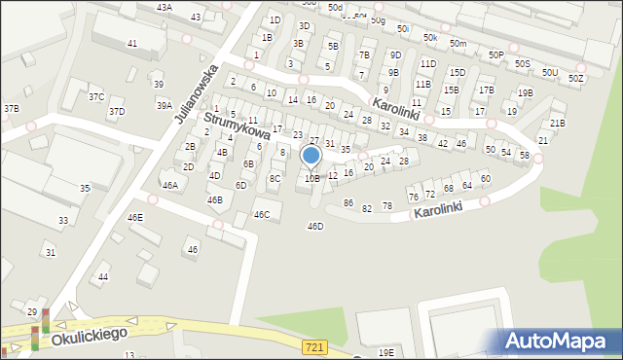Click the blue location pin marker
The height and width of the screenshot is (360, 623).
pyautogui.click(x=311, y=156)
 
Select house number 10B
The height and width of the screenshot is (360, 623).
pyautogui.click(x=311, y=178)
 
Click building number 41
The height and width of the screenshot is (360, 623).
pyautogui.click(x=131, y=44)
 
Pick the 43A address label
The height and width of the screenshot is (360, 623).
pyautogui.click(x=164, y=7)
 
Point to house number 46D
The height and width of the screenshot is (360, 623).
pyautogui.click(x=314, y=226)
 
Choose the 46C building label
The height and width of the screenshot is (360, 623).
pyautogui.click(x=261, y=214)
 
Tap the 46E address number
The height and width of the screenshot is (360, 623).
pyautogui.click(x=135, y=217)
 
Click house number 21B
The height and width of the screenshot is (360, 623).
pyautogui.click(x=557, y=123)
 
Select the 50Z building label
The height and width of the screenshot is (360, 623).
pyautogui.click(x=576, y=78)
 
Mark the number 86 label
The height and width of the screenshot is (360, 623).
pyautogui.click(x=348, y=203)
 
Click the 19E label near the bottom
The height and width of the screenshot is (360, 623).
pyautogui.click(x=386, y=352)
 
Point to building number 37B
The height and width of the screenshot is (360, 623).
pyautogui.click(x=11, y=108)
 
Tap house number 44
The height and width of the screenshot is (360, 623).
pyautogui.click(x=103, y=277)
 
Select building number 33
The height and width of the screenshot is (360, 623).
pyautogui.click(x=63, y=221)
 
